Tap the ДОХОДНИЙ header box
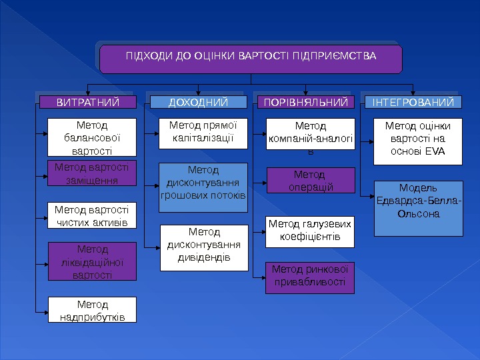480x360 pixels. (198, 102)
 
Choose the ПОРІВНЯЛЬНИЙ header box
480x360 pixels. (305, 102)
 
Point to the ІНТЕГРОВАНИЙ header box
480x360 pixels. (413, 102)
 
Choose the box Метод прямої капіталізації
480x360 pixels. (203, 133)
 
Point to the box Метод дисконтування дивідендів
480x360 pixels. (203, 247)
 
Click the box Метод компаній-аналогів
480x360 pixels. (311, 138)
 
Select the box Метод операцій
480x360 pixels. (311, 180)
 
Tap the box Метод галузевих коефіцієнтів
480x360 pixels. (311, 231)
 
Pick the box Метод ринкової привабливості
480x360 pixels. (311, 277)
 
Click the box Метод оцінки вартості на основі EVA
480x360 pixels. (418, 141)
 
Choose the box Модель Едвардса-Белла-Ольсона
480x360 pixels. (418, 208)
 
